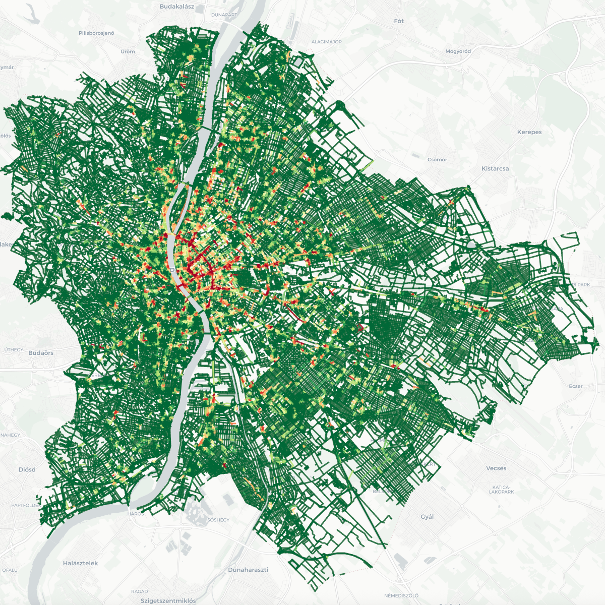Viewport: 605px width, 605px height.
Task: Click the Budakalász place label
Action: click(176, 7)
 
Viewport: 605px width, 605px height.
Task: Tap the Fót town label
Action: click(399, 21)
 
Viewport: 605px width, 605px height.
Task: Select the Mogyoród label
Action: click(458, 51)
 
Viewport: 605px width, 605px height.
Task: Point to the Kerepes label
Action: click(529, 132)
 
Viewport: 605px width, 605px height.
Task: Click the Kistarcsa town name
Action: click(495, 168)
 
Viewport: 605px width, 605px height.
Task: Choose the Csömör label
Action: click(437, 159)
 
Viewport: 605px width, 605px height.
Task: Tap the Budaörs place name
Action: click(41, 353)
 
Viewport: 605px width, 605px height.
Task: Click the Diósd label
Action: click(27, 469)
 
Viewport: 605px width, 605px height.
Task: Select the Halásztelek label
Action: click(80, 563)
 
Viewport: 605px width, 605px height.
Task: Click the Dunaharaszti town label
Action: click(248, 570)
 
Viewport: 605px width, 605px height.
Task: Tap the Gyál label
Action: click(427, 517)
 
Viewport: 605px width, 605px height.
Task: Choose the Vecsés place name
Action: click(496, 468)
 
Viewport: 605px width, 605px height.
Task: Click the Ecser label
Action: click(575, 386)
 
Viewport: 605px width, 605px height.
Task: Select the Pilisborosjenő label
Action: click(96, 33)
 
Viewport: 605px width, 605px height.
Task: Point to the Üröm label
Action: click(128, 51)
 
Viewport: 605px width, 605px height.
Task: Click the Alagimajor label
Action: click(326, 42)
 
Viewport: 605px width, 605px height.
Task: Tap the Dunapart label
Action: click(224, 15)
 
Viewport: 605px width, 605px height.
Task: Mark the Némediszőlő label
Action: click(401, 595)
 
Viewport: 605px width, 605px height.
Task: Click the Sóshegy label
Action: click(218, 520)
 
